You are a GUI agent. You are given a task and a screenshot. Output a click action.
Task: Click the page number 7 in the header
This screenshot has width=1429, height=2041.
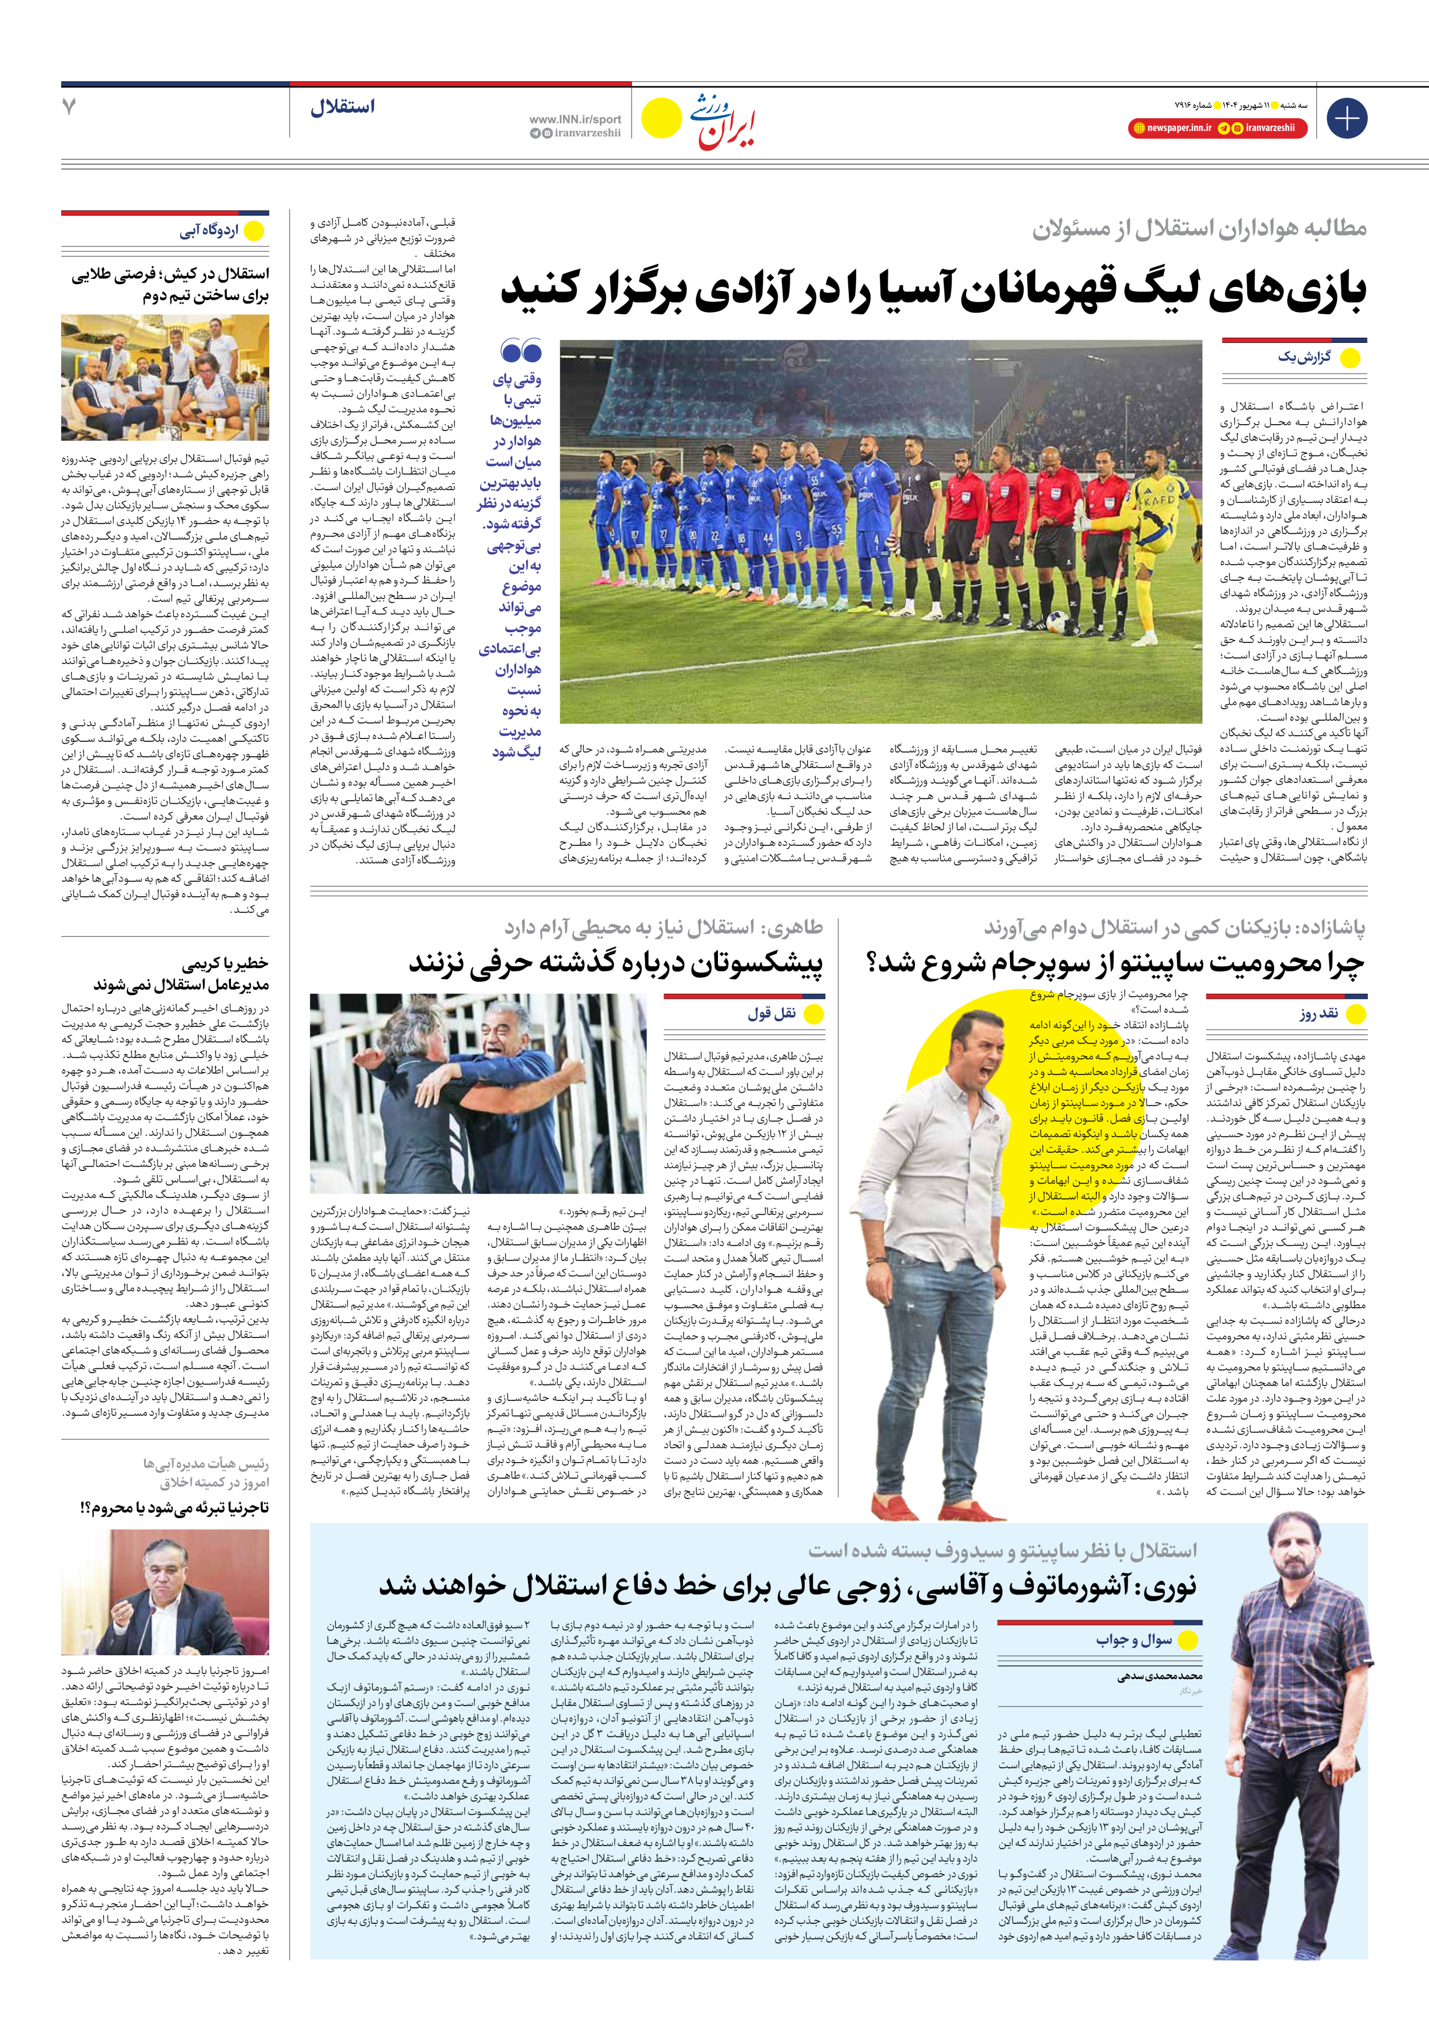coord(69,107)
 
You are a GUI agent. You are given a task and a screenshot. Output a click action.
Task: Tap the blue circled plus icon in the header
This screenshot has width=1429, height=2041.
coord(1346,118)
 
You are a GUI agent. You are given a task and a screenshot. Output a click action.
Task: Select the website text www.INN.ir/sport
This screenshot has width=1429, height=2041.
coord(576,119)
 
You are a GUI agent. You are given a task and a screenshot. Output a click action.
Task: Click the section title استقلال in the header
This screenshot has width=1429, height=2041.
coord(343,107)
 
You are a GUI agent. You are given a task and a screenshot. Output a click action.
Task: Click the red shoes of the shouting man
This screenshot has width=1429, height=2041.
coord(909,1501)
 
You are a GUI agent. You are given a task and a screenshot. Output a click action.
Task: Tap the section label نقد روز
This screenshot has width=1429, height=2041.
coord(1318,1013)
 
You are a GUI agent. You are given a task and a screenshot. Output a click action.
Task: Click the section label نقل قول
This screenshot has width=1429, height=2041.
coord(772,1013)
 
